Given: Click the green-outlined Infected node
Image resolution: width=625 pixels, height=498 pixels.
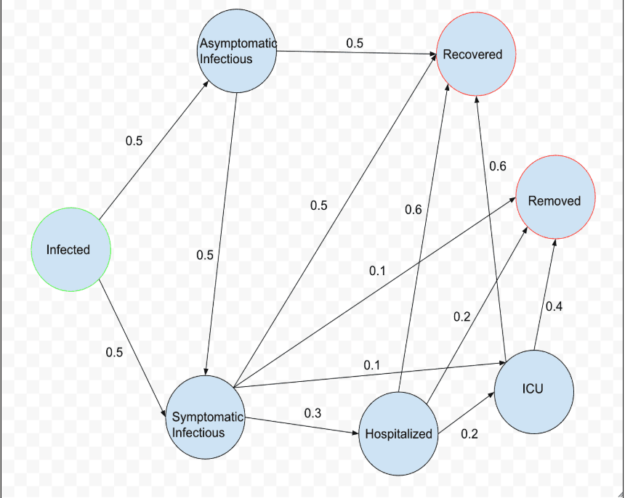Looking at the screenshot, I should coord(70,250).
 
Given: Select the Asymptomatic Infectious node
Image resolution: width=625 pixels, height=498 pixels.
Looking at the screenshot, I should coord(238,51).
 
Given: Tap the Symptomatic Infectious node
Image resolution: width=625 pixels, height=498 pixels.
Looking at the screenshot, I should coord(205,418).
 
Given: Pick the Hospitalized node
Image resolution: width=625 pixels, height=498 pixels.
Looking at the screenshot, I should coord(399,433).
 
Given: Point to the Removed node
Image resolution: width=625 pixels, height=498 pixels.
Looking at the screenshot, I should coord(555,200).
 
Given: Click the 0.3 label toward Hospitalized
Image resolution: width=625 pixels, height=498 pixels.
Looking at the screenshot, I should coord(312,413).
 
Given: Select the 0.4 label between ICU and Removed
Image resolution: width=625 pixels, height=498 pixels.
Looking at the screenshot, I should coord(554,307).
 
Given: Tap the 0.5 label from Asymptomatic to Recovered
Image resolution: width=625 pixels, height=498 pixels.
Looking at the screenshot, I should coord(355,43).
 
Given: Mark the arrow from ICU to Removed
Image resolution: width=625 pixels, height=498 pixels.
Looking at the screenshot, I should coord(545,295).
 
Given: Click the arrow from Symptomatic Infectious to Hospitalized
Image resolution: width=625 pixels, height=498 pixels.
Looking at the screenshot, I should coord(302,427).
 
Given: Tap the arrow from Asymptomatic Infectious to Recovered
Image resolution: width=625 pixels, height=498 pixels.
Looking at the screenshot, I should coord(356,52).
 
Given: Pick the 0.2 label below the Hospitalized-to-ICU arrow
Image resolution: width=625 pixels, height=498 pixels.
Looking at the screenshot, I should coord(469,434).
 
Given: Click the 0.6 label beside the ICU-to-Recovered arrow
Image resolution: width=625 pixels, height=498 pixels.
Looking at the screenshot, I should coord(498,167).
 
